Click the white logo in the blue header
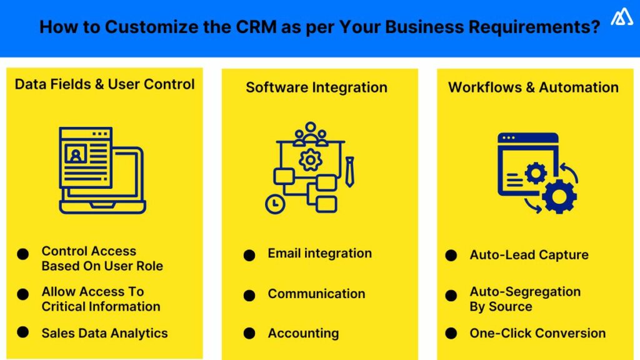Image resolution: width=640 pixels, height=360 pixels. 621,17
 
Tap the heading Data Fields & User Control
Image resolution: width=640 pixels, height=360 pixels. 105,84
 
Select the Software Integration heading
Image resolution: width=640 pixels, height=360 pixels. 316,87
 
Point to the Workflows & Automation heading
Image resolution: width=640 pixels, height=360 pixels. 533,87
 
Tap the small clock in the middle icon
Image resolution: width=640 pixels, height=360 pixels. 273,204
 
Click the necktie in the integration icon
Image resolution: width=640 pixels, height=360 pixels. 350,172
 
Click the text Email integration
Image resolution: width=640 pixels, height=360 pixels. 319,253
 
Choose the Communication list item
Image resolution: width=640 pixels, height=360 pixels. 316,294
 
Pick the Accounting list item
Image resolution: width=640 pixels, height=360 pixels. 303,333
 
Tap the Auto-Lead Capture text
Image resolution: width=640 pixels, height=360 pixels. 529,255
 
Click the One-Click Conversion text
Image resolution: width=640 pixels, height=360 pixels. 537,333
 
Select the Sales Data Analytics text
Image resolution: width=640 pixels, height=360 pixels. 104,333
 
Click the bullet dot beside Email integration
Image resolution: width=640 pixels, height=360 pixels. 249,255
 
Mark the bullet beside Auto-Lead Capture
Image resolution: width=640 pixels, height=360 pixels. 451,256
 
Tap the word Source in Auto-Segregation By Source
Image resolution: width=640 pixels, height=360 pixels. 511,307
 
